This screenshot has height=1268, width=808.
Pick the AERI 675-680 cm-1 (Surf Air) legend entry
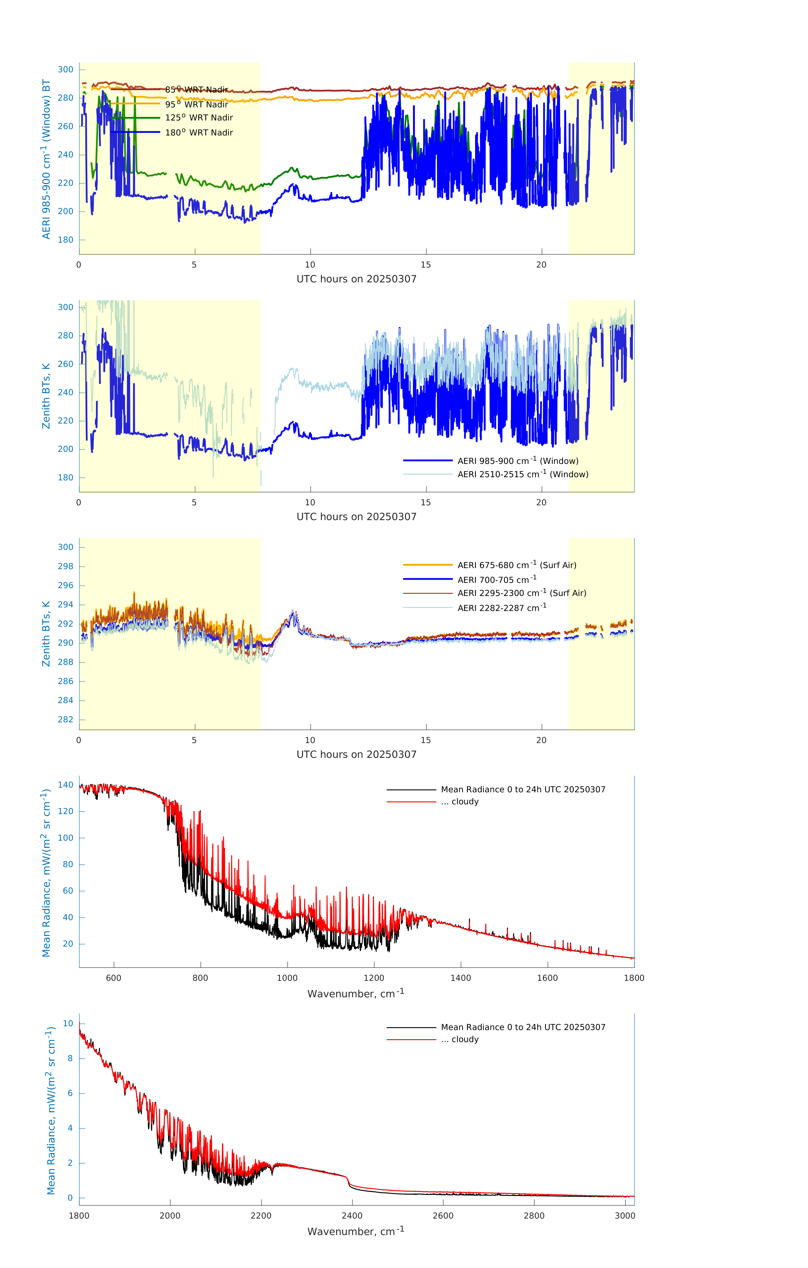(516, 565)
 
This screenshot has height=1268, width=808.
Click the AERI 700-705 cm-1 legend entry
(496, 580)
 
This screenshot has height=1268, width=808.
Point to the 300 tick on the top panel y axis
(66, 70)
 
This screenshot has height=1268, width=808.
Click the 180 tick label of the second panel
(66, 478)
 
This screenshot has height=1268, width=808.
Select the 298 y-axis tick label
(66, 567)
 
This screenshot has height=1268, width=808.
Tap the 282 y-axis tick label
(66, 720)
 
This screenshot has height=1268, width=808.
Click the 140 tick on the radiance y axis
(66, 785)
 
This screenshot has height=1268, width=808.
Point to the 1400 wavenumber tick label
(461, 978)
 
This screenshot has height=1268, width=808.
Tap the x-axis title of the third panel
(356, 755)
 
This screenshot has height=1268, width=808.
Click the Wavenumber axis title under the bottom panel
(356, 1231)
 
